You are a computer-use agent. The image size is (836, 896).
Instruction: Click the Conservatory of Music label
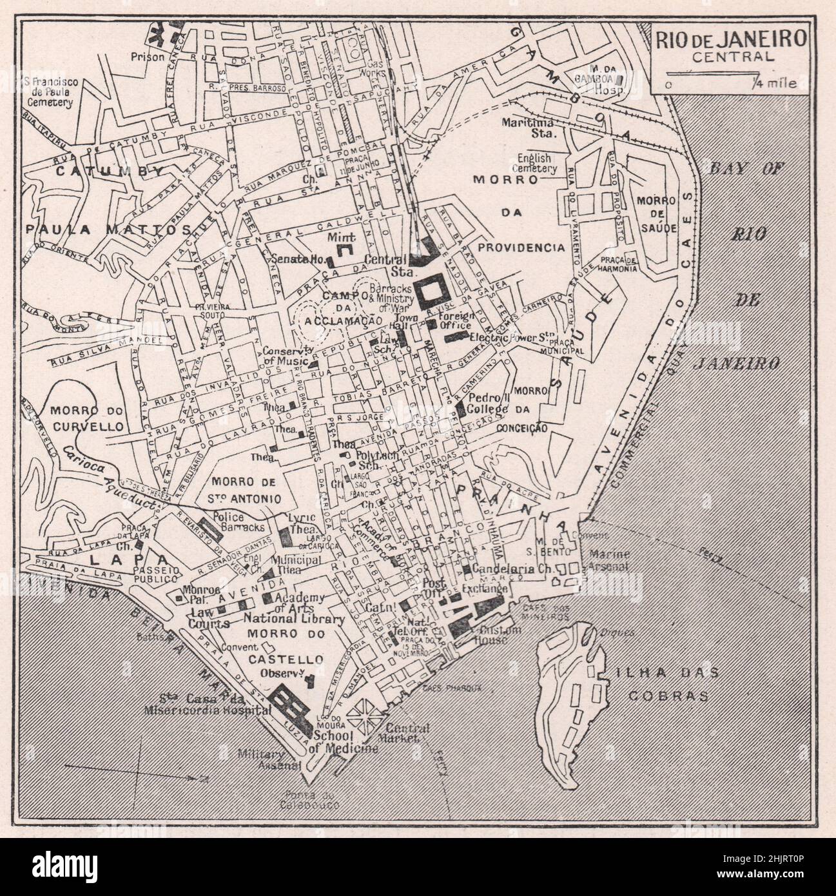coord(287,356)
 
